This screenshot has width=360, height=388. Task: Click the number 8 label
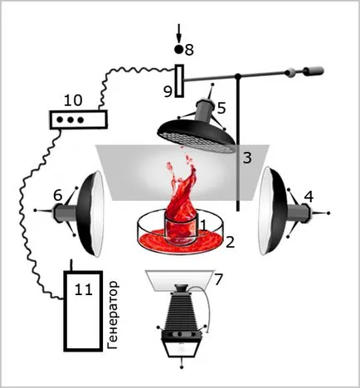[189, 50]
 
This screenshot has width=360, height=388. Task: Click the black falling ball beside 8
[179, 50]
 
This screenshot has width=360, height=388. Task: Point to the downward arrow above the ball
[179, 33]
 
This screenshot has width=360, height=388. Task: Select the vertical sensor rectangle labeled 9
[180, 80]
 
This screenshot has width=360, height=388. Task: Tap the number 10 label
[73, 100]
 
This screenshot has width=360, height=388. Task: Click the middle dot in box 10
[71, 120]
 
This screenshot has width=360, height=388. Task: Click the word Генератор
[113, 315]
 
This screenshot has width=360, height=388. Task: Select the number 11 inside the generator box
[84, 290]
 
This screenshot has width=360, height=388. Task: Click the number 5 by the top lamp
[221, 109]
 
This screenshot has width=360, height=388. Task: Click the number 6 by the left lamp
[57, 196]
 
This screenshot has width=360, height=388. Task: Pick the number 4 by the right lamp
[309, 197]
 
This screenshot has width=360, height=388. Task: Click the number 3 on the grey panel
[247, 158]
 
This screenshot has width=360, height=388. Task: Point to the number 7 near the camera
[218, 279]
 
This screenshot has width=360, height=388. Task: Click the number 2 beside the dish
[230, 242]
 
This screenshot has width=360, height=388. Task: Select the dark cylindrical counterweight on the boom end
[314, 71]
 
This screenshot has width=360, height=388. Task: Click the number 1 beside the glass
[204, 226]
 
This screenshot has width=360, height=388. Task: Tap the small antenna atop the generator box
[71, 265]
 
